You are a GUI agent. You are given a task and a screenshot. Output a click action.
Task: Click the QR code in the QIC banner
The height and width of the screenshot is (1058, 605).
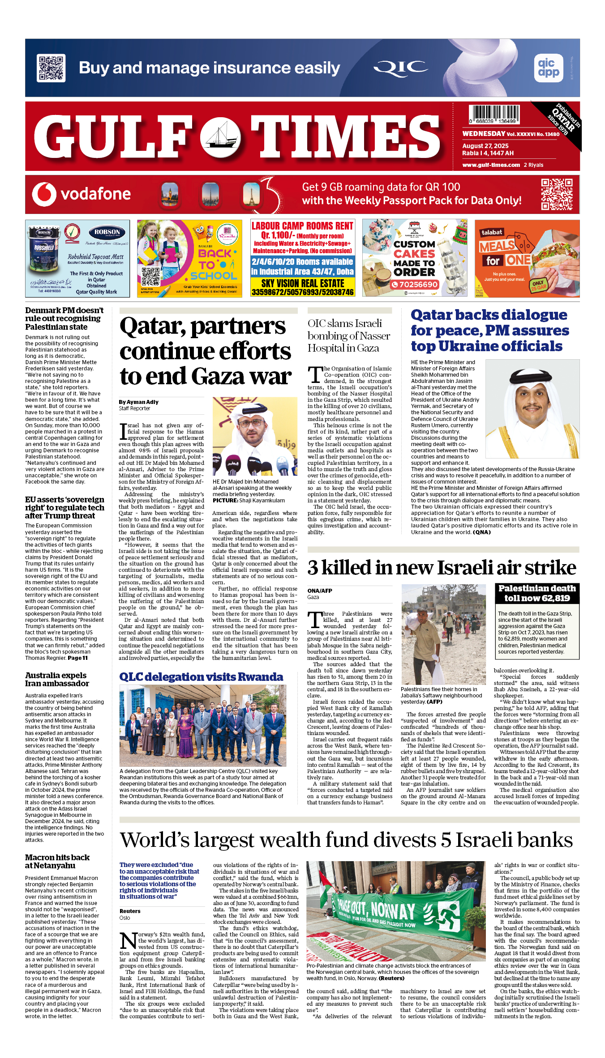click(x=51, y=68)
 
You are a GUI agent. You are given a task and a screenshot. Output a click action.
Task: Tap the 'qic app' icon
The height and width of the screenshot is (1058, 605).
click(x=549, y=68)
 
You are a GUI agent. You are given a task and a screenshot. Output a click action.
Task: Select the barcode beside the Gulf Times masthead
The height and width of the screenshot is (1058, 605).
click(x=494, y=115)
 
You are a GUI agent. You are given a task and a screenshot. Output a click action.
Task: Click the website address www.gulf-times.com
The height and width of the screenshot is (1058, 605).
click(x=491, y=165)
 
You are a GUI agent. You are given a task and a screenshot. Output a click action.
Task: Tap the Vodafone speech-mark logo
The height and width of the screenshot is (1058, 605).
click(x=44, y=194)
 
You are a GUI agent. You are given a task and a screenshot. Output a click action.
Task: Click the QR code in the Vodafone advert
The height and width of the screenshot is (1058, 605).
click(x=557, y=194)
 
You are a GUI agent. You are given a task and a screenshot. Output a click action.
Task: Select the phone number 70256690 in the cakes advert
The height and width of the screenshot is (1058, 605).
click(x=415, y=285)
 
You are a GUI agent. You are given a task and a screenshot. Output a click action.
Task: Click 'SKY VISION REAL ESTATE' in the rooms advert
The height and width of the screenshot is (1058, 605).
click(x=303, y=283)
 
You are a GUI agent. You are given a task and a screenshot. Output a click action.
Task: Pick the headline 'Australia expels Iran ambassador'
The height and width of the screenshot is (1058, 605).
click(x=57, y=679)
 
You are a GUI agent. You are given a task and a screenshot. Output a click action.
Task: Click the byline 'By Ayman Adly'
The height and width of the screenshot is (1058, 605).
click(x=139, y=402)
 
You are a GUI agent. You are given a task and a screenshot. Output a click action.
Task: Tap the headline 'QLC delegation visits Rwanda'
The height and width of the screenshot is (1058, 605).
click(x=201, y=677)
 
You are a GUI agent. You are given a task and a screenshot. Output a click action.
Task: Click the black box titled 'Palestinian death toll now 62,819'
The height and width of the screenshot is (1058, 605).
click(x=537, y=593)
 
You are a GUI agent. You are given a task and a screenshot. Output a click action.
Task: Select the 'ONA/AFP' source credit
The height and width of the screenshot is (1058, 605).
click(x=320, y=591)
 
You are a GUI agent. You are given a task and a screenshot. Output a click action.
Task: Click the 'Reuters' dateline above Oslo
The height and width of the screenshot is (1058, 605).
click(x=130, y=911)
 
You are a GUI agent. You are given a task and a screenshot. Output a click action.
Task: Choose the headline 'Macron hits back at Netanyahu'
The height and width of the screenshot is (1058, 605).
click(x=57, y=861)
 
